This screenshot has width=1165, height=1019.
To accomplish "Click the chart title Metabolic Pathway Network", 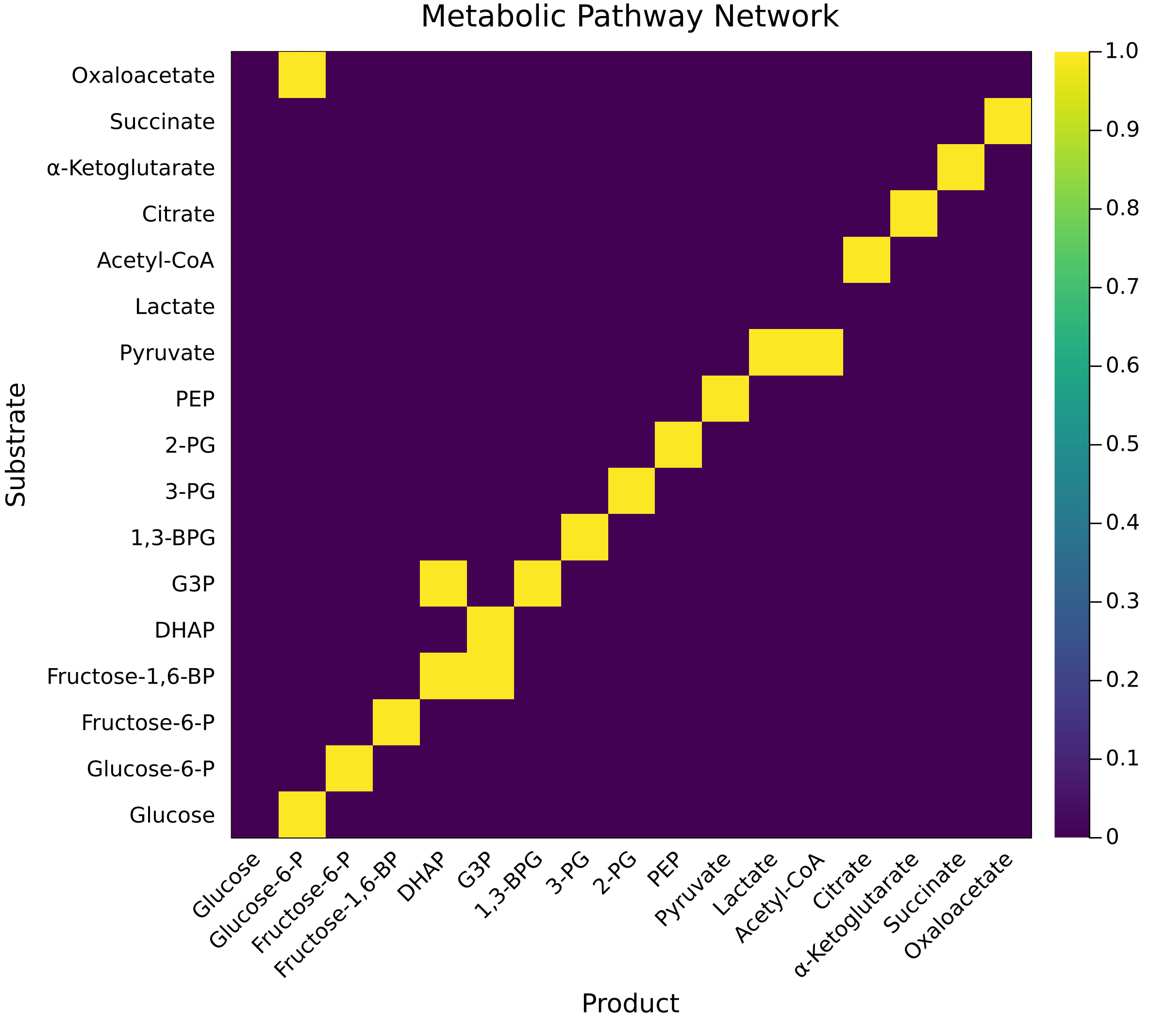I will [630, 17].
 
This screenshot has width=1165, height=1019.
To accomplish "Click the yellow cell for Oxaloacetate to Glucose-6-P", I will [301, 75].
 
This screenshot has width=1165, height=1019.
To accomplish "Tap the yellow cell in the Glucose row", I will [301, 814].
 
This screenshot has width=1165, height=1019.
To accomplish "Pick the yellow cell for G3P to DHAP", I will [443, 583].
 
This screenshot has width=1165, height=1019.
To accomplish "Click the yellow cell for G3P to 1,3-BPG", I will [537, 583].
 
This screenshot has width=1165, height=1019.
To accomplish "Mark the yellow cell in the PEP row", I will [725, 398].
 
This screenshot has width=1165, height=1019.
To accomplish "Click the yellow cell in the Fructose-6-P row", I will [396, 722].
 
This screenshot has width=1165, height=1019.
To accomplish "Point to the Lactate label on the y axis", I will [175, 307].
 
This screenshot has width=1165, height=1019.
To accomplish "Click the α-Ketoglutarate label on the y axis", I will [131, 168].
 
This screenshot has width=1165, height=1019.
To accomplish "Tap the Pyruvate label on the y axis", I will [167, 353].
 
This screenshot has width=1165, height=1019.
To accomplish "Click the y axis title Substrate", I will [16, 444].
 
